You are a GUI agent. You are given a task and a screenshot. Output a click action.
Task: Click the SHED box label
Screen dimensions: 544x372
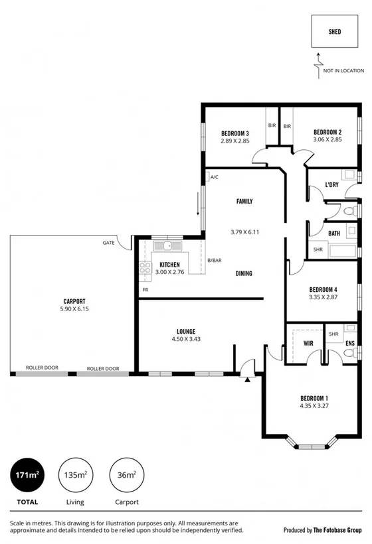pyautogui.click(x=335, y=31)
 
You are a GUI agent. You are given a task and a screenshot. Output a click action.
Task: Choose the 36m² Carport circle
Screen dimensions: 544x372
pyautogui.click(x=126, y=475)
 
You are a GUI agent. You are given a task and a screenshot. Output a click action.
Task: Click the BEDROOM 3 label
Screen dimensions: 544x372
pyautogui.click(x=234, y=132)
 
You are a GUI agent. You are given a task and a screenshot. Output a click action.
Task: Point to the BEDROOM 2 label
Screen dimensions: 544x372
pyautogui.click(x=327, y=132)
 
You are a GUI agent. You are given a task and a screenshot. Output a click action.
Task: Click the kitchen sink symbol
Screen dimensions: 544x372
pyautogui.click(x=168, y=246)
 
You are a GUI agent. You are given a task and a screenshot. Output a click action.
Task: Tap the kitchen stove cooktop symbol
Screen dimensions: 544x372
pyautogui.click(x=145, y=268)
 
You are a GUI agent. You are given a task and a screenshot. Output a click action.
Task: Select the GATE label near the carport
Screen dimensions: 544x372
pyautogui.click(x=108, y=242)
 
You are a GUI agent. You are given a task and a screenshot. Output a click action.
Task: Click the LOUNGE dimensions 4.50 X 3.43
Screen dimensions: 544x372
pyautogui.click(x=185, y=340)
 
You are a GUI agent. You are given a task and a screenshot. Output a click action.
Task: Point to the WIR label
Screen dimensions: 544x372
pyautogui.click(x=308, y=344)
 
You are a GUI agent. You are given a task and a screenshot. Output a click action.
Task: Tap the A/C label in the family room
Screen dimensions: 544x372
pyautogui.click(x=214, y=177)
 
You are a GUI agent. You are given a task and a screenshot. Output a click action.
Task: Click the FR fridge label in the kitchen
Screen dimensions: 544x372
pyautogui.click(x=145, y=290)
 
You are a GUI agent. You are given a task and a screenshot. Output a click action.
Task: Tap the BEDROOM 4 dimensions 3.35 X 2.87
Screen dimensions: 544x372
pyautogui.click(x=324, y=298)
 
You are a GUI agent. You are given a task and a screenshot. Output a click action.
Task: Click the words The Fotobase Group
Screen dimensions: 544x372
pyautogui.click(x=337, y=531)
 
